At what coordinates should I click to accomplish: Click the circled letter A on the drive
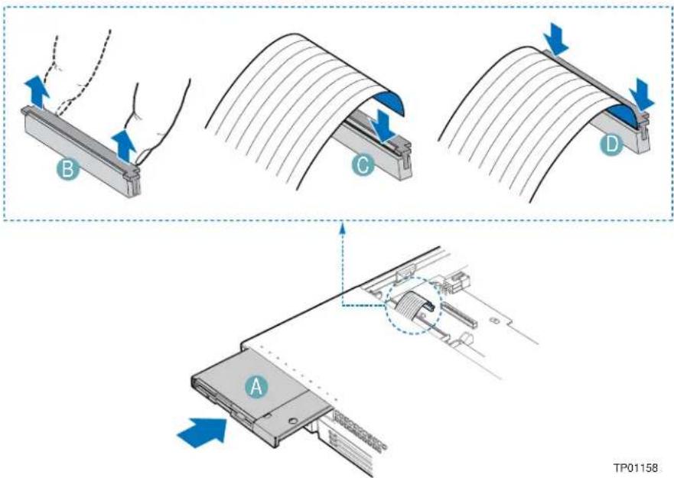(256, 386)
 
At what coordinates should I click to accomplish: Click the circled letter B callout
(67, 169)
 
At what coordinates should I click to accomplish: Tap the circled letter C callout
(363, 166)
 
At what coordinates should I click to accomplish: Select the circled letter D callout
(611, 145)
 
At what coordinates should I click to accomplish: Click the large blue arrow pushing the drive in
(202, 431)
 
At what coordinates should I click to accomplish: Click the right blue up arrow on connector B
(124, 145)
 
